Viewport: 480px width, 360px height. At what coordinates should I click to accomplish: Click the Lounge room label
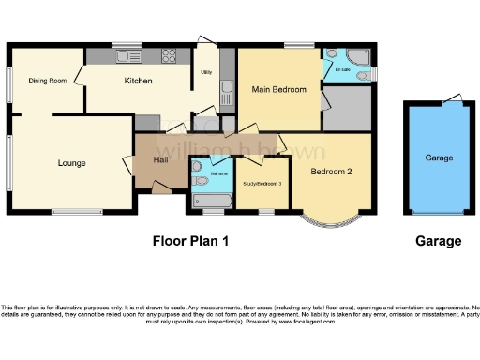click(x=71, y=163)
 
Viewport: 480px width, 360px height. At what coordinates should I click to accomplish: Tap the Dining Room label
click(x=47, y=82)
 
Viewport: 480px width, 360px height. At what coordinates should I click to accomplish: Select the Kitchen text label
click(x=139, y=82)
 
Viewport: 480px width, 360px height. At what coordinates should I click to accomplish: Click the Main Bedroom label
click(x=278, y=89)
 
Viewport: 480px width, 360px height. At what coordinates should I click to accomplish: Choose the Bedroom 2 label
click(x=331, y=172)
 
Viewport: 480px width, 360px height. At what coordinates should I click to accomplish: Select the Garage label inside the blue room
click(x=439, y=158)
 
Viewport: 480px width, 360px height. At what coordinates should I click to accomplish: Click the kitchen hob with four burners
click(x=170, y=57)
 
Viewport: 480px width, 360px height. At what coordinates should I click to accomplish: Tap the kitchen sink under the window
click(x=124, y=57)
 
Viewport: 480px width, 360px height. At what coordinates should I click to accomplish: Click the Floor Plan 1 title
click(x=191, y=241)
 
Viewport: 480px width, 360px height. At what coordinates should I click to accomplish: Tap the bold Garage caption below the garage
click(x=438, y=241)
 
